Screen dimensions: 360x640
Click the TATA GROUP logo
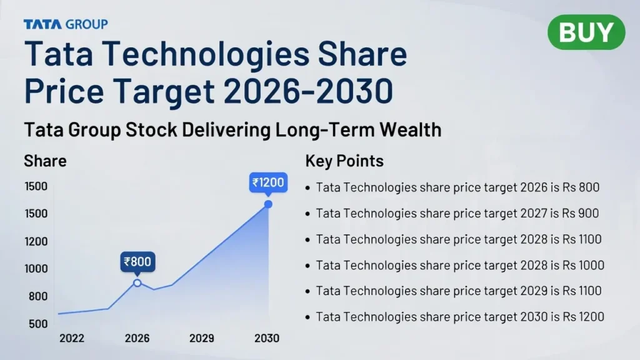click(x=66, y=24)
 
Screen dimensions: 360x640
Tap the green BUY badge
click(x=586, y=32)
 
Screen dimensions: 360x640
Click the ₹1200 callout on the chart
click(x=268, y=182)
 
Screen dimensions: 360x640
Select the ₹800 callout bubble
click(x=137, y=262)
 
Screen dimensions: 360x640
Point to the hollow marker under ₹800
click(x=137, y=283)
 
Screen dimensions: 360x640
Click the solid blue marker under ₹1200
click(x=268, y=204)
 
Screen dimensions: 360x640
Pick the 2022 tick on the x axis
click(x=72, y=338)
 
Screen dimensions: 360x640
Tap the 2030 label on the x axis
click(x=267, y=338)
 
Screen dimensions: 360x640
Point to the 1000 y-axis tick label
click(x=36, y=269)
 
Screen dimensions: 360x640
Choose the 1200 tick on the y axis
click(x=36, y=241)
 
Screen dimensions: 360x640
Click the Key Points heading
click(x=344, y=161)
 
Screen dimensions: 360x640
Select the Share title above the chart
click(x=45, y=161)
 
